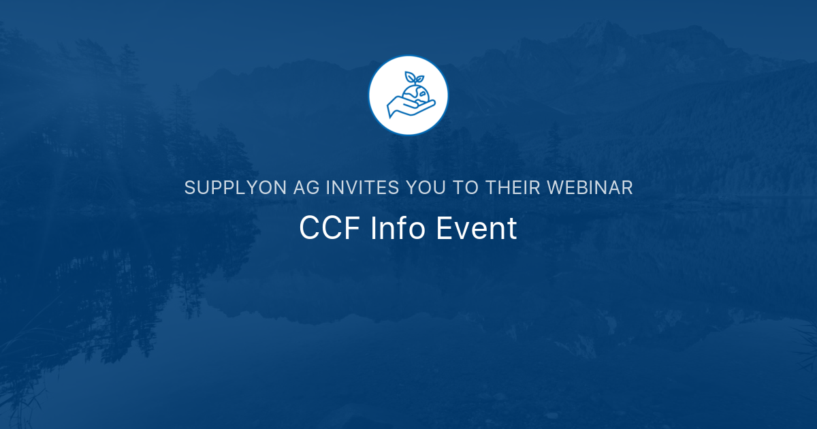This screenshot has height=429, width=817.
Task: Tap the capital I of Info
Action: pyautogui.click(x=374, y=229)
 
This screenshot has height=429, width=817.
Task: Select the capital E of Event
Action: pyautogui.click(x=443, y=229)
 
